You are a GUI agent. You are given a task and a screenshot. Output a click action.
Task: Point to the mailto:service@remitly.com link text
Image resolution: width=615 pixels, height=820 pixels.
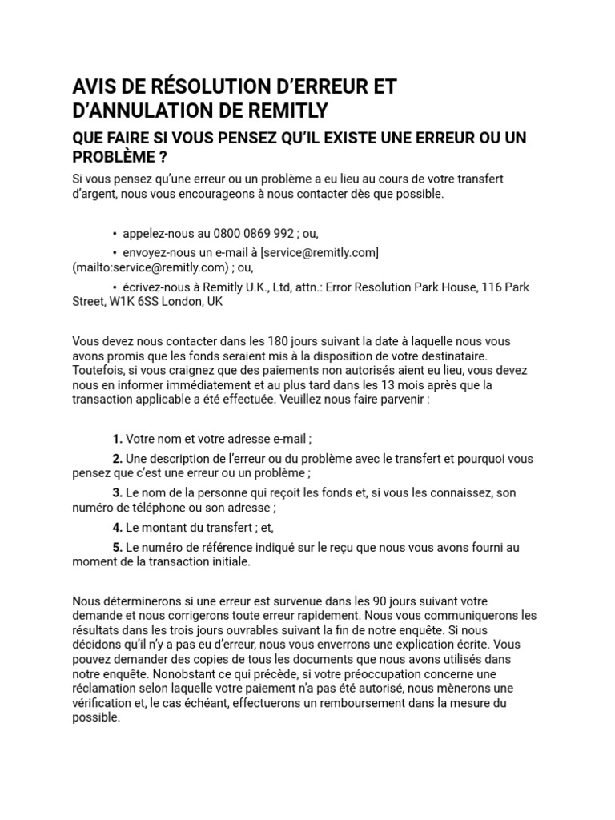pyautogui.click(x=145, y=267)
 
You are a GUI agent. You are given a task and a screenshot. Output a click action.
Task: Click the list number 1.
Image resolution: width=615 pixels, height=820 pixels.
pyautogui.click(x=117, y=439)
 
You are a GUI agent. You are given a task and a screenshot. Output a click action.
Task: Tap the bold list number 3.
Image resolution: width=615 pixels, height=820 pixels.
pyautogui.click(x=117, y=492)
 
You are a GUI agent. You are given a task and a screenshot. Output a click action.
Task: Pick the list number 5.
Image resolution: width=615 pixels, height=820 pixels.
pyautogui.click(x=117, y=547)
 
